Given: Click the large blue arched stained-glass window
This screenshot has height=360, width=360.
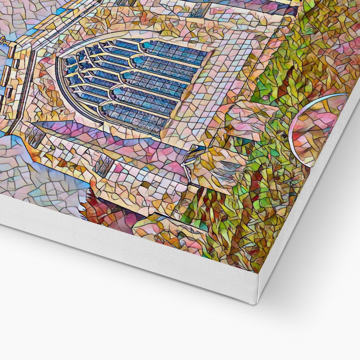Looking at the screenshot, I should coord(133,83).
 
